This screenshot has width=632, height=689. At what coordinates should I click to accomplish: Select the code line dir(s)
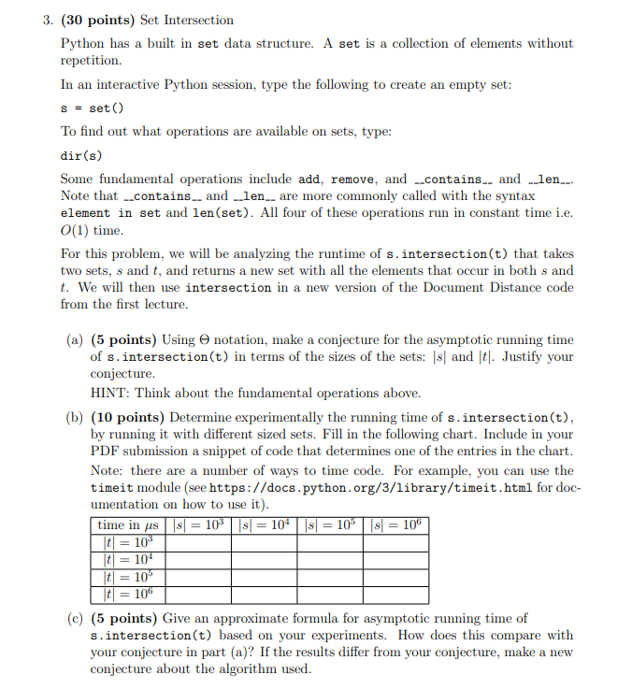tap(81, 154)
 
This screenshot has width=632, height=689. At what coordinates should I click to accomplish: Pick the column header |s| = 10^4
tap(268, 524)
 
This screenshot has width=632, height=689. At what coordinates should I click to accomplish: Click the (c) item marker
tap(76, 618)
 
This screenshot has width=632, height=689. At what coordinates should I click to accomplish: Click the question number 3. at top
tap(48, 20)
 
